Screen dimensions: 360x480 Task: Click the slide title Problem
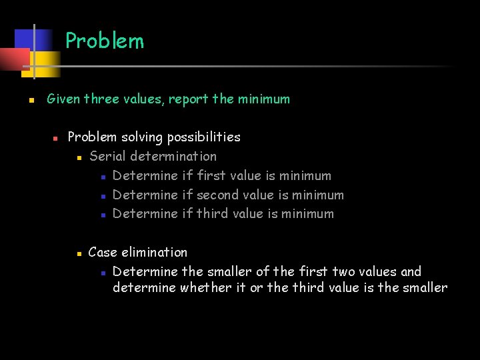tap(105, 41)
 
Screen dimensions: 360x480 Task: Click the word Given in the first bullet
tap(63, 99)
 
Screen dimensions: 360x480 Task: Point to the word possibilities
tap(203, 137)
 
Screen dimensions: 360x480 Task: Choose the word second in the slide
tap(219, 195)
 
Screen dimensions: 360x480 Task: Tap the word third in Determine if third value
tap(212, 214)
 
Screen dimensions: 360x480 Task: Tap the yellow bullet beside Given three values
tap(31, 101)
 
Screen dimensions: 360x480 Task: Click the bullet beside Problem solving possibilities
tap(56, 139)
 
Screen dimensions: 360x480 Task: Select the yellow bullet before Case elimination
tap(78, 254)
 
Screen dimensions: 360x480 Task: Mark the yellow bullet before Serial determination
tap(78, 158)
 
